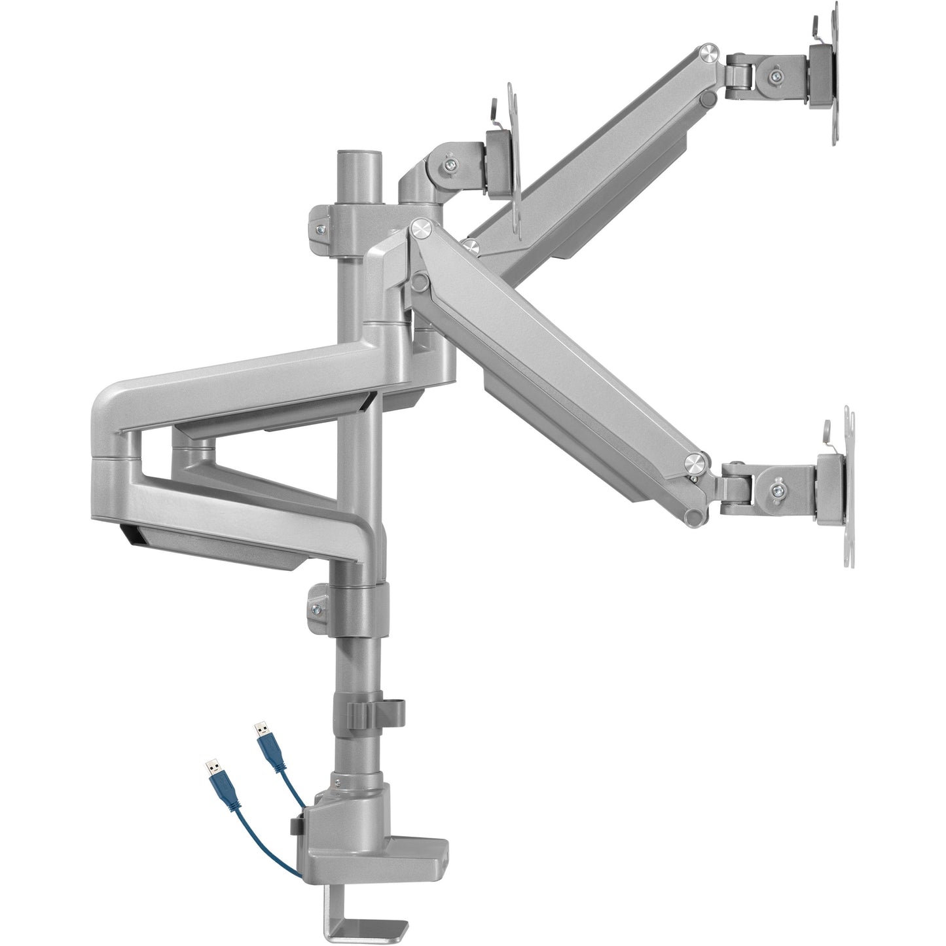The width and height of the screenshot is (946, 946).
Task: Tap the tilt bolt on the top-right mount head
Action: [776, 75]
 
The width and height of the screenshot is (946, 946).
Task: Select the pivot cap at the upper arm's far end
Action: [707, 50]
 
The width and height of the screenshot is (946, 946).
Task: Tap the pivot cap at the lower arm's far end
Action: [695, 464]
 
